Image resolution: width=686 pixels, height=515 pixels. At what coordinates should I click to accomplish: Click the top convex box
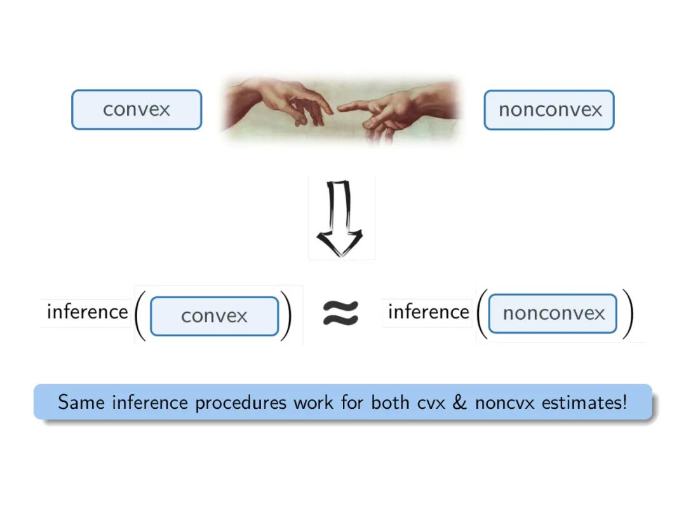tap(137, 109)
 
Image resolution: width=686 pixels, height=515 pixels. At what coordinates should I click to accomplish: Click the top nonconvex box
tap(549, 109)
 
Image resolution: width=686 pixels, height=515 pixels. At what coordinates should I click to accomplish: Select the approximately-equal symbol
tap(341, 312)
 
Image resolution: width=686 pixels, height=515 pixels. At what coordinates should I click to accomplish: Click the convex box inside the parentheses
tap(214, 316)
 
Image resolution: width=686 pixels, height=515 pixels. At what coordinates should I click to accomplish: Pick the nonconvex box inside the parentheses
tap(553, 313)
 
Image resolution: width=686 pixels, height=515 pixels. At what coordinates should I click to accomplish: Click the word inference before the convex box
tap(87, 312)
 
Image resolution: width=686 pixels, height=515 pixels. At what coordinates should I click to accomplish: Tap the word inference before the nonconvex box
tap(428, 312)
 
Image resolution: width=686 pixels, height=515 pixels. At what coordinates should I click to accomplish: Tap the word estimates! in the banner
tap(584, 402)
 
